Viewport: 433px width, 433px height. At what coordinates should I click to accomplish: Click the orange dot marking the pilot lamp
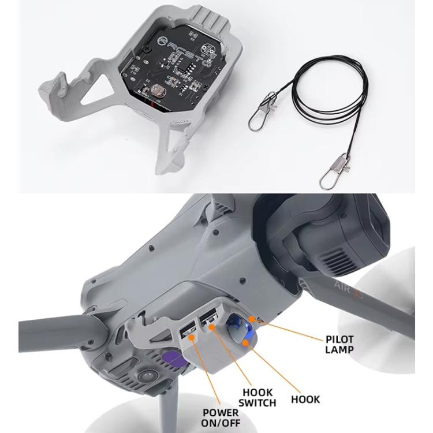point(252,319)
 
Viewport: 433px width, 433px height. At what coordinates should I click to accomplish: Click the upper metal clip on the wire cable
point(260,113)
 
